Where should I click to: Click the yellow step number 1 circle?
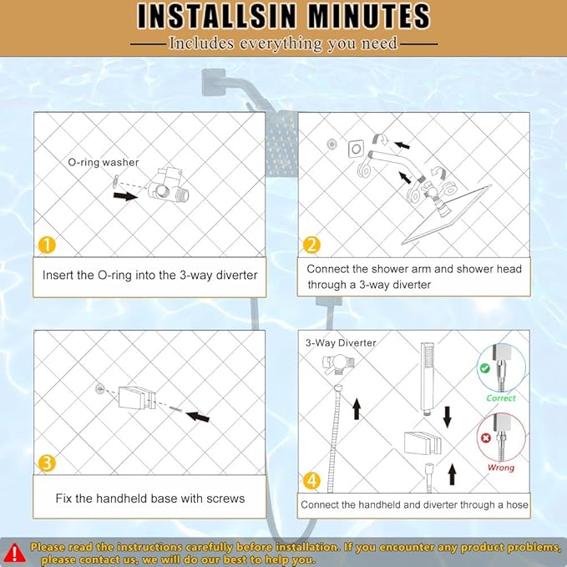(x=47, y=246)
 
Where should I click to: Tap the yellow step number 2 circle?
(x=311, y=245)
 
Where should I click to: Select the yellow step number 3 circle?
(x=47, y=463)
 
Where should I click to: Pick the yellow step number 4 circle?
(x=311, y=481)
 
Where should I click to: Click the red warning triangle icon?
(x=14, y=553)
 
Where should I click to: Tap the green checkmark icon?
(x=484, y=368)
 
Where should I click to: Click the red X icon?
(x=486, y=438)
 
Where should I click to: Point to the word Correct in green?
(x=501, y=398)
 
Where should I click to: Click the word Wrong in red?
(x=501, y=468)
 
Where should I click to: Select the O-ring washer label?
(x=104, y=162)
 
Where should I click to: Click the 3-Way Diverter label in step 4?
(x=341, y=343)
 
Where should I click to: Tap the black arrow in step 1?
(x=125, y=196)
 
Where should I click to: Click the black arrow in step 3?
(x=198, y=417)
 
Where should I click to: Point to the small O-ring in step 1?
(x=116, y=181)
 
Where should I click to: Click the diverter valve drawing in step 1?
(x=168, y=186)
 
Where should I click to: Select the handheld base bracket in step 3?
(x=138, y=397)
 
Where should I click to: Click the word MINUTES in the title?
(x=370, y=16)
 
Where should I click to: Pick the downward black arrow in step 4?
(x=448, y=417)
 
